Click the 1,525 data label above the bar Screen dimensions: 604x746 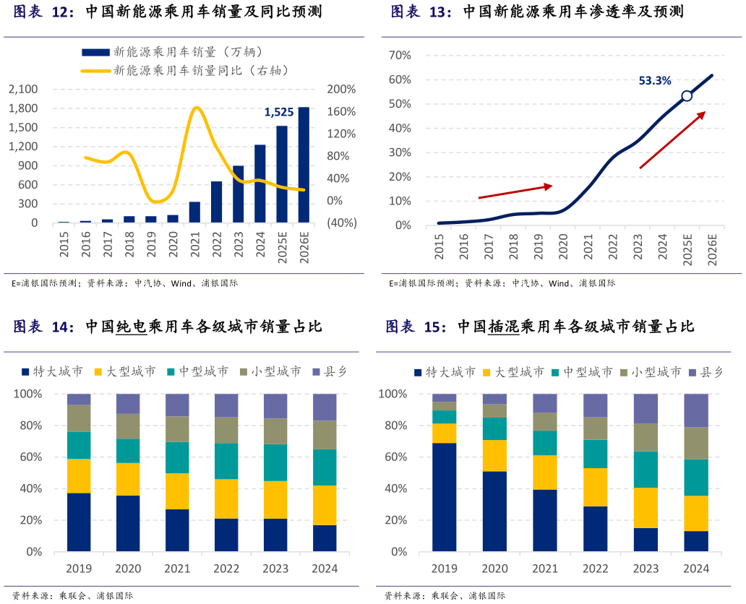pyautogui.click(x=279, y=112)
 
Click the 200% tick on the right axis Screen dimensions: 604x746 pyautogui.click(x=341, y=90)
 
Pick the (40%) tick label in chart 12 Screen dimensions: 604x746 pyautogui.click(x=341, y=223)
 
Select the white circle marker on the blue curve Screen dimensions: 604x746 pyautogui.click(x=687, y=96)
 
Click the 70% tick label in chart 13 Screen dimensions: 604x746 pyautogui.click(x=400, y=56)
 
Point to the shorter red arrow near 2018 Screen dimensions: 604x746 pyautogui.click(x=515, y=191)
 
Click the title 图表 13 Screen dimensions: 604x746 pyautogui.click(x=421, y=12)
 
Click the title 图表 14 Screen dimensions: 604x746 pyautogui.click(x=43, y=327)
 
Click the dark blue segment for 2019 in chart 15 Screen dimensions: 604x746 pyautogui.click(x=445, y=497)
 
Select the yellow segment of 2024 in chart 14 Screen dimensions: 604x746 pyautogui.click(x=325, y=505)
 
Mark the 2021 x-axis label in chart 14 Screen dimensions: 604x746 pyautogui.click(x=177, y=569)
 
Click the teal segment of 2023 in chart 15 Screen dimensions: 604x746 pyautogui.click(x=646, y=470)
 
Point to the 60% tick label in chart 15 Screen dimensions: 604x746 pyautogui.click(x=394, y=457)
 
